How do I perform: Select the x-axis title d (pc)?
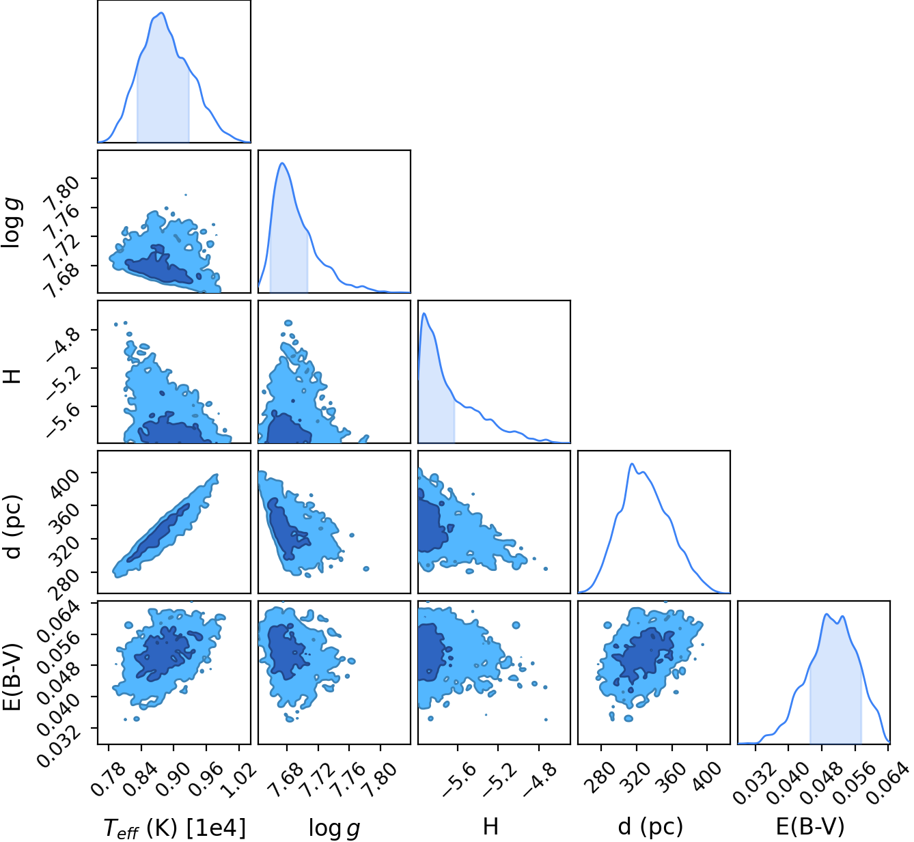(x=650, y=826)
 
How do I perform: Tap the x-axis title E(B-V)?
(x=810, y=826)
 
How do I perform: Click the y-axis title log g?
(x=12, y=224)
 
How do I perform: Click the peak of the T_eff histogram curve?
(x=161, y=13)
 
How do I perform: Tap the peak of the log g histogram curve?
(x=283, y=163)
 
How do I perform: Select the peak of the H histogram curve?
(x=424, y=313)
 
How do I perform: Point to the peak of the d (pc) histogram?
(x=632, y=464)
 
